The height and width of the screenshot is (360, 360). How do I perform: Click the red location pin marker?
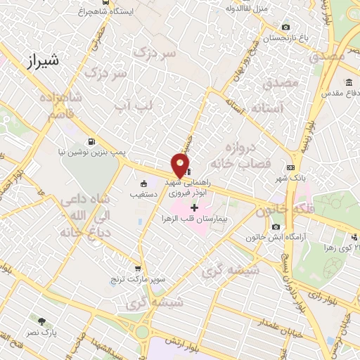click(181, 165)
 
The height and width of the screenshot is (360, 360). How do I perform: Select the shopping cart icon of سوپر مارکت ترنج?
click(138, 268)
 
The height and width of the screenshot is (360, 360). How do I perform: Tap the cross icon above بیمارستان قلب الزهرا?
click(194, 207)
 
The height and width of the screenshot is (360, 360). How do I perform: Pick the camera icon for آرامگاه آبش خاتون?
click(276, 226)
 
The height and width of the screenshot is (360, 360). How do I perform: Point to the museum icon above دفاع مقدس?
click(349, 82)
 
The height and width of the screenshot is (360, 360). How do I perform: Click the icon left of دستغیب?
click(143, 184)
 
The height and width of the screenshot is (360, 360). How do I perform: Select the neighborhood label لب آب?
click(134, 105)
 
